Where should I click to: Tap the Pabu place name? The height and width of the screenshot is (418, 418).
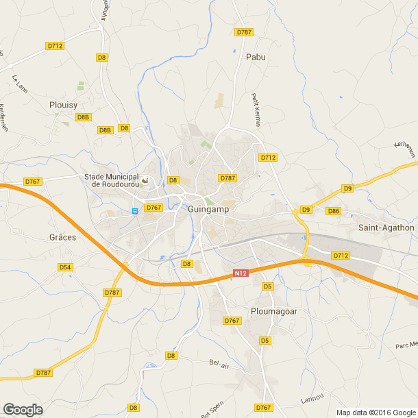point(256,58)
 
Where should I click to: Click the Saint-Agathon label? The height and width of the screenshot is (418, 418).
point(386,228)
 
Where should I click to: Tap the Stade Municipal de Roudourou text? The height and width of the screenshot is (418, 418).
point(111,180)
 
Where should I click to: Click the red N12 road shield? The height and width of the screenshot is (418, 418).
point(239,274)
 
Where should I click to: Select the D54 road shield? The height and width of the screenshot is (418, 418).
point(65,267)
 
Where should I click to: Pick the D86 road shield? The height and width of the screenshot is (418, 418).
point(334,210)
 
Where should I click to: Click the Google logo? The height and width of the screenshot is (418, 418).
point(23,409)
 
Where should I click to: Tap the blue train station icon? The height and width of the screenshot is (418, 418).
point(135,210)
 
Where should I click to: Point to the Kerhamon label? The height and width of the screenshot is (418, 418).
point(406,149)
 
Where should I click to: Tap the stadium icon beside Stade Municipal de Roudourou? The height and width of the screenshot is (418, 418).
point(145,180)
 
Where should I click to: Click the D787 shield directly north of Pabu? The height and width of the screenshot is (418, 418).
point(243,32)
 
